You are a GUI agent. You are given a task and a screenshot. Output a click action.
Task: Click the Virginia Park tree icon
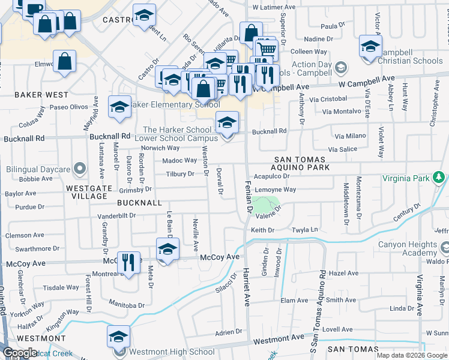pyautogui.click(x=439, y=178)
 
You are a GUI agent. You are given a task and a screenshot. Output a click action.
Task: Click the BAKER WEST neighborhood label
pyautogui.click(x=41, y=95)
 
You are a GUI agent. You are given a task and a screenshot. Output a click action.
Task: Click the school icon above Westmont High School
pyautogui.click(x=119, y=337)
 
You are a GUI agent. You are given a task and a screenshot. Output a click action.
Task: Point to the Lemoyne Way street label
pyautogui.click(x=275, y=190)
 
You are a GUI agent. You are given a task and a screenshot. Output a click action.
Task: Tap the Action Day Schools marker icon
pyautogui.click(x=340, y=66)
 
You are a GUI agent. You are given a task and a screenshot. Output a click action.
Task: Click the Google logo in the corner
pyautogui.click(x=20, y=353)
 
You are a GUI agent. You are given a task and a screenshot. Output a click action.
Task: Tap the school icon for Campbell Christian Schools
pyautogui.click(x=370, y=46)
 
